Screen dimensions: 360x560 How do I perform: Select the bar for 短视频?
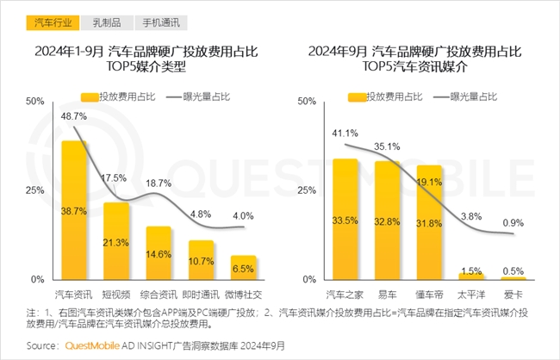tap(116, 240)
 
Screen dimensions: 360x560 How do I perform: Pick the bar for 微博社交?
tap(244, 267)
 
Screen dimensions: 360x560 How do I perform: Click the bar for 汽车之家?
tap(345, 219)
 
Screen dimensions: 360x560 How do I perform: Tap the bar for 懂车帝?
tap(429, 221)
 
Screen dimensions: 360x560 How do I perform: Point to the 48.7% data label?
tap(74, 116)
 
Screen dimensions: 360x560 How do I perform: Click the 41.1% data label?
tap(345, 133)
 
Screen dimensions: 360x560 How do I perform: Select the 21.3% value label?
tap(116, 242)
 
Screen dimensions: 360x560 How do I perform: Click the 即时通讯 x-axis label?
tap(202, 295)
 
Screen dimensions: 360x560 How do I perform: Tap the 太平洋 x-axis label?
tap(471, 295)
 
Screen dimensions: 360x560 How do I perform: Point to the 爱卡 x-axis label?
tap(513, 295)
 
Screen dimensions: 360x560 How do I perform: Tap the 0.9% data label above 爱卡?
tap(513, 222)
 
